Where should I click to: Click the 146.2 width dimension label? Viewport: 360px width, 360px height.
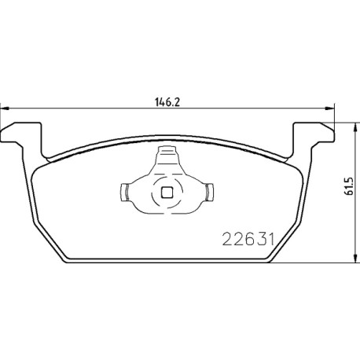[x=167, y=102]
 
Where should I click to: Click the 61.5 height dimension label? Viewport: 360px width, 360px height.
[x=350, y=186]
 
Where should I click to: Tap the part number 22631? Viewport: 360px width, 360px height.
[x=248, y=240]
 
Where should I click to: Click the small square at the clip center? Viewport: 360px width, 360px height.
[x=167, y=193]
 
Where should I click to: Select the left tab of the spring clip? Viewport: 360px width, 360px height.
[x=123, y=193]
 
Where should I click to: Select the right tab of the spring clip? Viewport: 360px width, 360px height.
[x=210, y=193]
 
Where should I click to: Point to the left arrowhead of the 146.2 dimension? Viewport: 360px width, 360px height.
[x=5, y=108]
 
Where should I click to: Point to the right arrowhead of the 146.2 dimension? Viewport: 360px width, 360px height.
[x=330, y=108]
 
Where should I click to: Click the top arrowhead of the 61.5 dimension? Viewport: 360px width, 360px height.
[x=355, y=127]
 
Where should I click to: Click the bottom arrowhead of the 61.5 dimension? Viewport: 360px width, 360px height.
[x=355, y=258]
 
